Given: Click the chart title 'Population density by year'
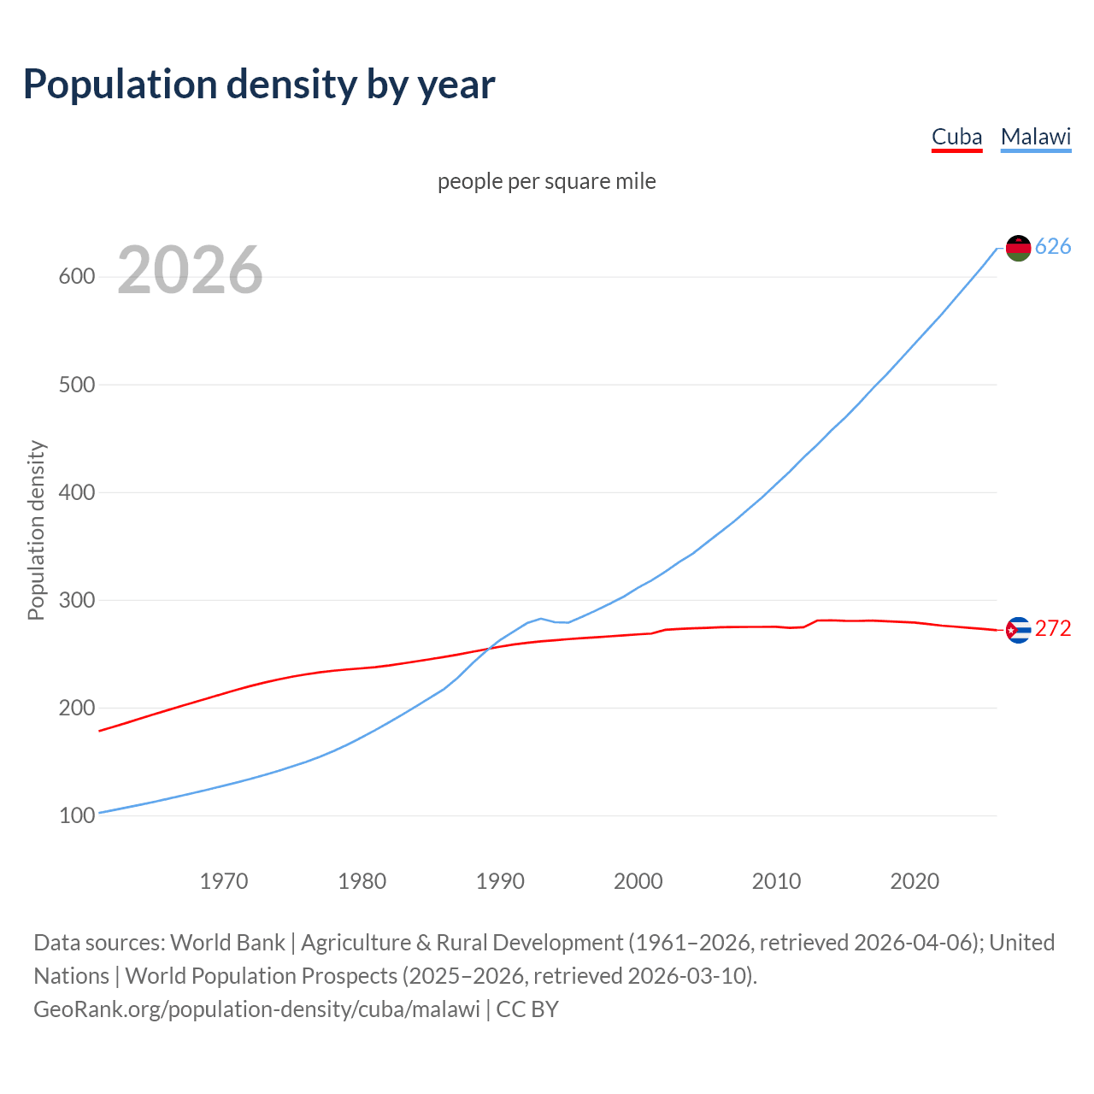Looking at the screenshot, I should [259, 84].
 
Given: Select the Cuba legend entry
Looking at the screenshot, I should [956, 137].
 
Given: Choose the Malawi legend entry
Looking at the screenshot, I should [1036, 137].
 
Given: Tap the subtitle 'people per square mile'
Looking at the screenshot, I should [547, 181].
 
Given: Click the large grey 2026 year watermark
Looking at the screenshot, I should [190, 270].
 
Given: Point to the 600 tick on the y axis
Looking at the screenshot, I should [76, 277].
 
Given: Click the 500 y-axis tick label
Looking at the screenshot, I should [76, 385].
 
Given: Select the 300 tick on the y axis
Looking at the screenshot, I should [76, 600].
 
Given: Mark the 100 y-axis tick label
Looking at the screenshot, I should [76, 815].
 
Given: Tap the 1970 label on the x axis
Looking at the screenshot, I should [224, 880].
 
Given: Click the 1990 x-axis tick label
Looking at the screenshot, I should [500, 880].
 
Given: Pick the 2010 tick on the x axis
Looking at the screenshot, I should [776, 880].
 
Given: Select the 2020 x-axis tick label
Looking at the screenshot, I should [915, 880].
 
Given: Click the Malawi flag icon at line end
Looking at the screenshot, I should [1018, 248].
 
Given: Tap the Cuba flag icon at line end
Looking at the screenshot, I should [1018, 630].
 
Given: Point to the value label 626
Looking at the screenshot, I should [1053, 247].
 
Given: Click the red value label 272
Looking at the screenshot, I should [1053, 629].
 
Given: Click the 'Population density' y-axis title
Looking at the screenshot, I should [36, 530].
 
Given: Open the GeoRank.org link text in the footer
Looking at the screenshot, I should [256, 1009].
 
